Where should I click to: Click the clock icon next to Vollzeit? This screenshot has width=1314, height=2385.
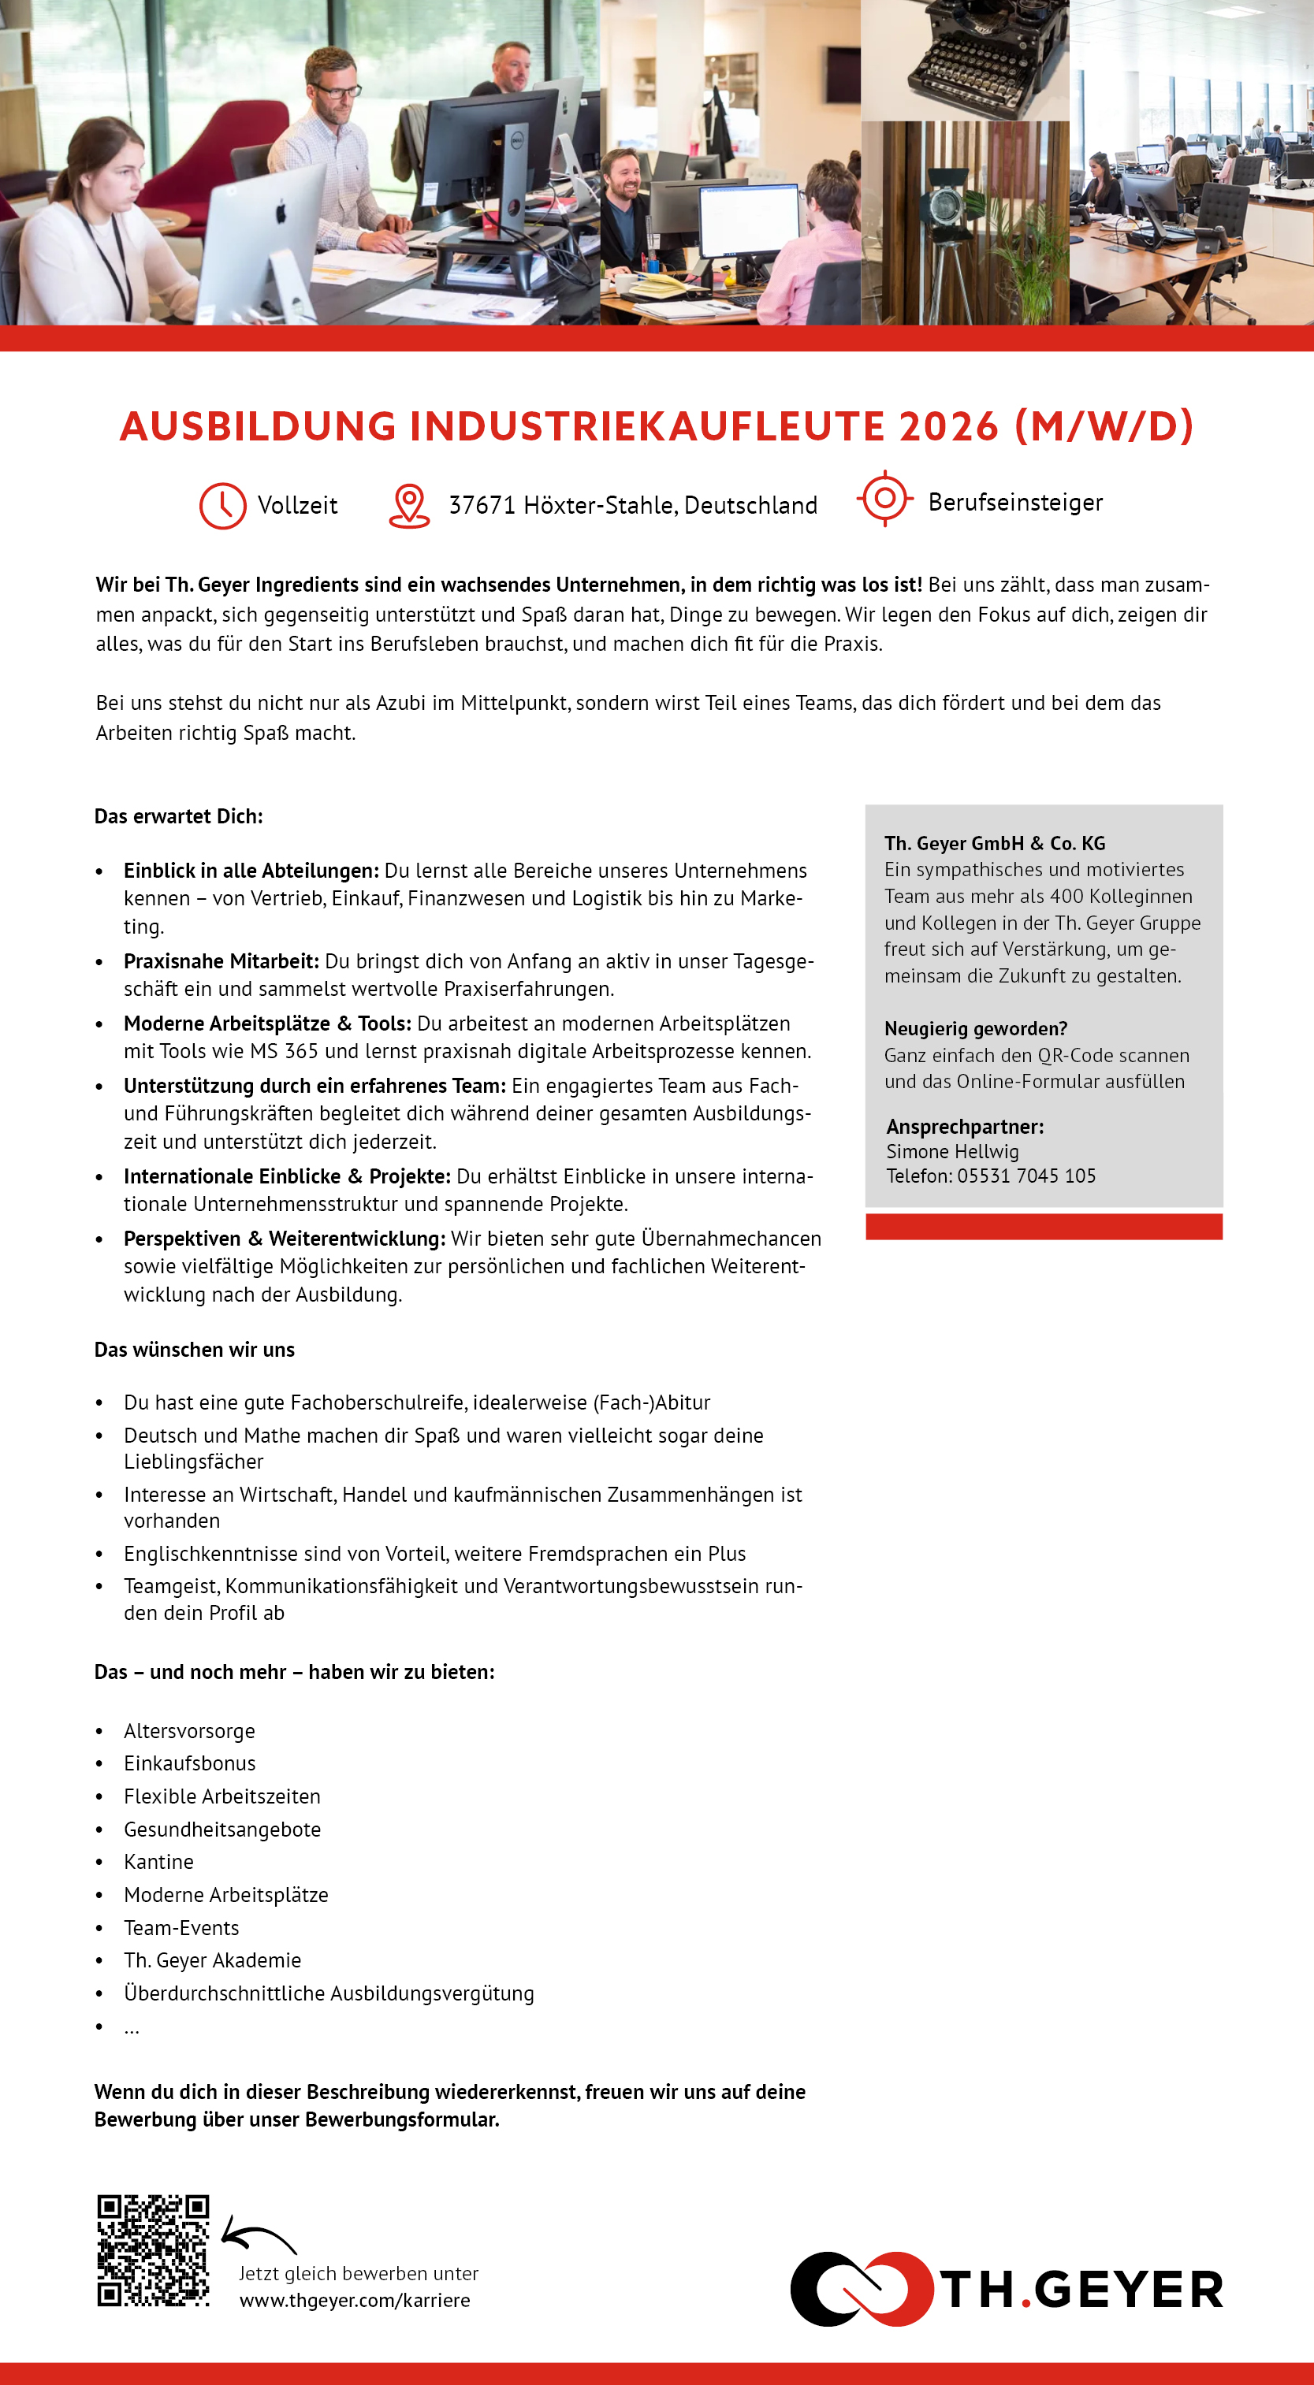(x=222, y=506)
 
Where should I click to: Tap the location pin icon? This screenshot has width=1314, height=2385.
(x=408, y=506)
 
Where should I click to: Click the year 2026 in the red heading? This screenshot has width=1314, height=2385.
(x=948, y=427)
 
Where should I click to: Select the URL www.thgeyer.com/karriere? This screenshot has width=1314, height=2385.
(x=355, y=2301)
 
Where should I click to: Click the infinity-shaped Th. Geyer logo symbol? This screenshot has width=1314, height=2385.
(x=862, y=2289)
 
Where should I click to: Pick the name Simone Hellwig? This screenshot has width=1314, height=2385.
(x=952, y=1152)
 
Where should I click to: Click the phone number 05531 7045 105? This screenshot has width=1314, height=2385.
(x=1026, y=1176)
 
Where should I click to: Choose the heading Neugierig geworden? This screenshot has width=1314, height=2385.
(x=975, y=1029)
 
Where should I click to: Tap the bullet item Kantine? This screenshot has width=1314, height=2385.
(x=159, y=1862)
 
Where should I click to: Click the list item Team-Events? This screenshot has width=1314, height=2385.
(x=181, y=1928)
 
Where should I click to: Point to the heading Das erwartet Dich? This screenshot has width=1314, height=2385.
(x=179, y=816)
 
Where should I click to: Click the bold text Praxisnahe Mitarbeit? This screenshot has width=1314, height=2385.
(x=221, y=961)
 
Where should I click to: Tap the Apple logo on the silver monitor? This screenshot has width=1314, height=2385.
(x=281, y=211)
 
